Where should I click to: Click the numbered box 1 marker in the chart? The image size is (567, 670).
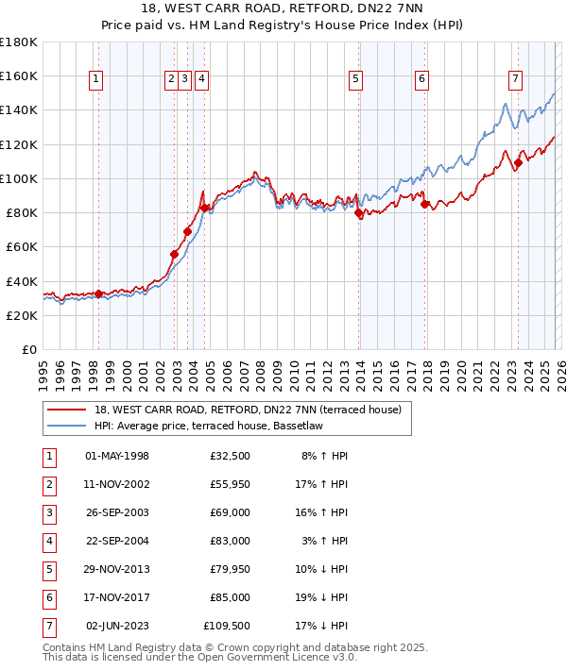[x=97, y=80]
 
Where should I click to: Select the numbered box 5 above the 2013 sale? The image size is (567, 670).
[x=355, y=80]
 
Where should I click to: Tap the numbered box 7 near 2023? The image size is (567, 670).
[x=515, y=80]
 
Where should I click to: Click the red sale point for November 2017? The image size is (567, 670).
[x=425, y=204]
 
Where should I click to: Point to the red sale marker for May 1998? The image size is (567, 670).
[x=98, y=293]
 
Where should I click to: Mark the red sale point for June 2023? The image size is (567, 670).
[x=518, y=162]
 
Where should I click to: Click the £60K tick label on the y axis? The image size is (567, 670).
[x=20, y=246]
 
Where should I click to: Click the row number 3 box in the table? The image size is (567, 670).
[x=48, y=513]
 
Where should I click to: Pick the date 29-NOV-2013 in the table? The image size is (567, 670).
[x=117, y=569]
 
